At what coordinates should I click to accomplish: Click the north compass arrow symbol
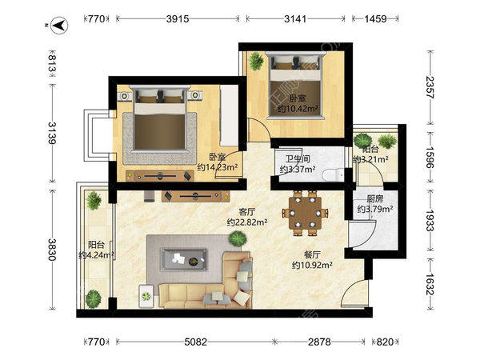coord(59,25)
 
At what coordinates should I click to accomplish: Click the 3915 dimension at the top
coord(178,19)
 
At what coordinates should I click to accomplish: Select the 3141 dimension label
coord(295,19)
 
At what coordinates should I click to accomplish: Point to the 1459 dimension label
coord(376,19)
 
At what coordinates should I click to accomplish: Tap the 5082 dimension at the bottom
coord(196,342)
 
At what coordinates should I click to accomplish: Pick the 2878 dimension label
coord(319,342)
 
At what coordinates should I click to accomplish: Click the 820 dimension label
coord(385,342)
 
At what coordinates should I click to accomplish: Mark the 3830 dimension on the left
coord(52,250)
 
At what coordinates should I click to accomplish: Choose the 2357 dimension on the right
coord(430,87)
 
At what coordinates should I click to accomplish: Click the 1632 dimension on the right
coord(430,284)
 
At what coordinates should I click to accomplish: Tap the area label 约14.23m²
coord(218,167)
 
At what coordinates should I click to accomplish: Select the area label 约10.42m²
coord(298,108)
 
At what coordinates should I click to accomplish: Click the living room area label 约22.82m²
coord(247,222)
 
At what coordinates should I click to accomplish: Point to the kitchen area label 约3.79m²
coord(375,209)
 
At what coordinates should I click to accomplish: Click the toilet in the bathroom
coord(333,174)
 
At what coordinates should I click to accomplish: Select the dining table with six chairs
coord(306,213)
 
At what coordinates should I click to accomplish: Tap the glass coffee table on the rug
coord(184,260)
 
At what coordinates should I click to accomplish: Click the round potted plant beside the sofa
coord(238,238)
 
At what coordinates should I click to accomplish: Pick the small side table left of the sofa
coord(146,296)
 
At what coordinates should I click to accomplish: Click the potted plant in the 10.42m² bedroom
coord(256,61)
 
